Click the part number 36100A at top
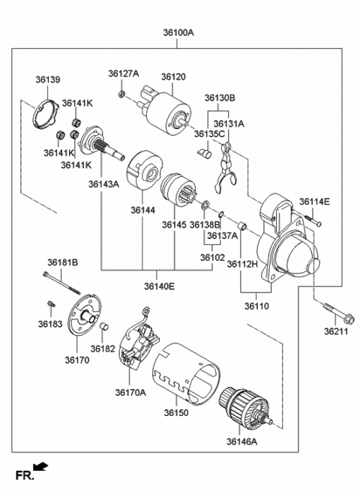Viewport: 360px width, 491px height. coord(178,33)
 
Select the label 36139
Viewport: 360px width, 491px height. coord(47,79)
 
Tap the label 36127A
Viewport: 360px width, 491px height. coord(123,73)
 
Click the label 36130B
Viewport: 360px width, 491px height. coord(220,98)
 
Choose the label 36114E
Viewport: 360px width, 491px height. coord(314,201)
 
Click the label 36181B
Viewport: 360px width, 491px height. coord(63,263)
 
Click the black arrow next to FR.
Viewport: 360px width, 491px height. coord(43,468)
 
